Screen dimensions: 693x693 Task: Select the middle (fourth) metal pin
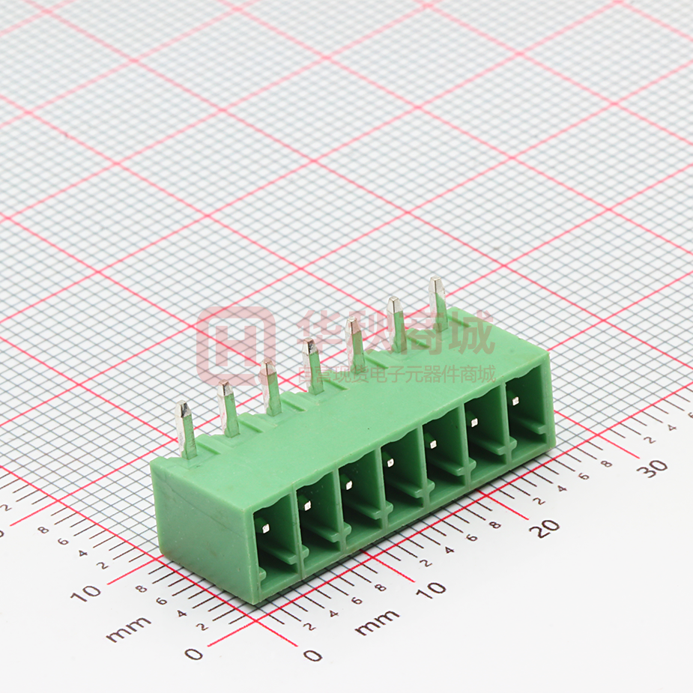click(313, 366)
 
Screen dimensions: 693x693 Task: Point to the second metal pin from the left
click(229, 408)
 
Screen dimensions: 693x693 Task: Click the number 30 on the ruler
click(656, 467)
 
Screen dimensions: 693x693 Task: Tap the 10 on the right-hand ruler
click(432, 589)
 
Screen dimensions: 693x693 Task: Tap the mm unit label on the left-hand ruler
click(128, 632)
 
